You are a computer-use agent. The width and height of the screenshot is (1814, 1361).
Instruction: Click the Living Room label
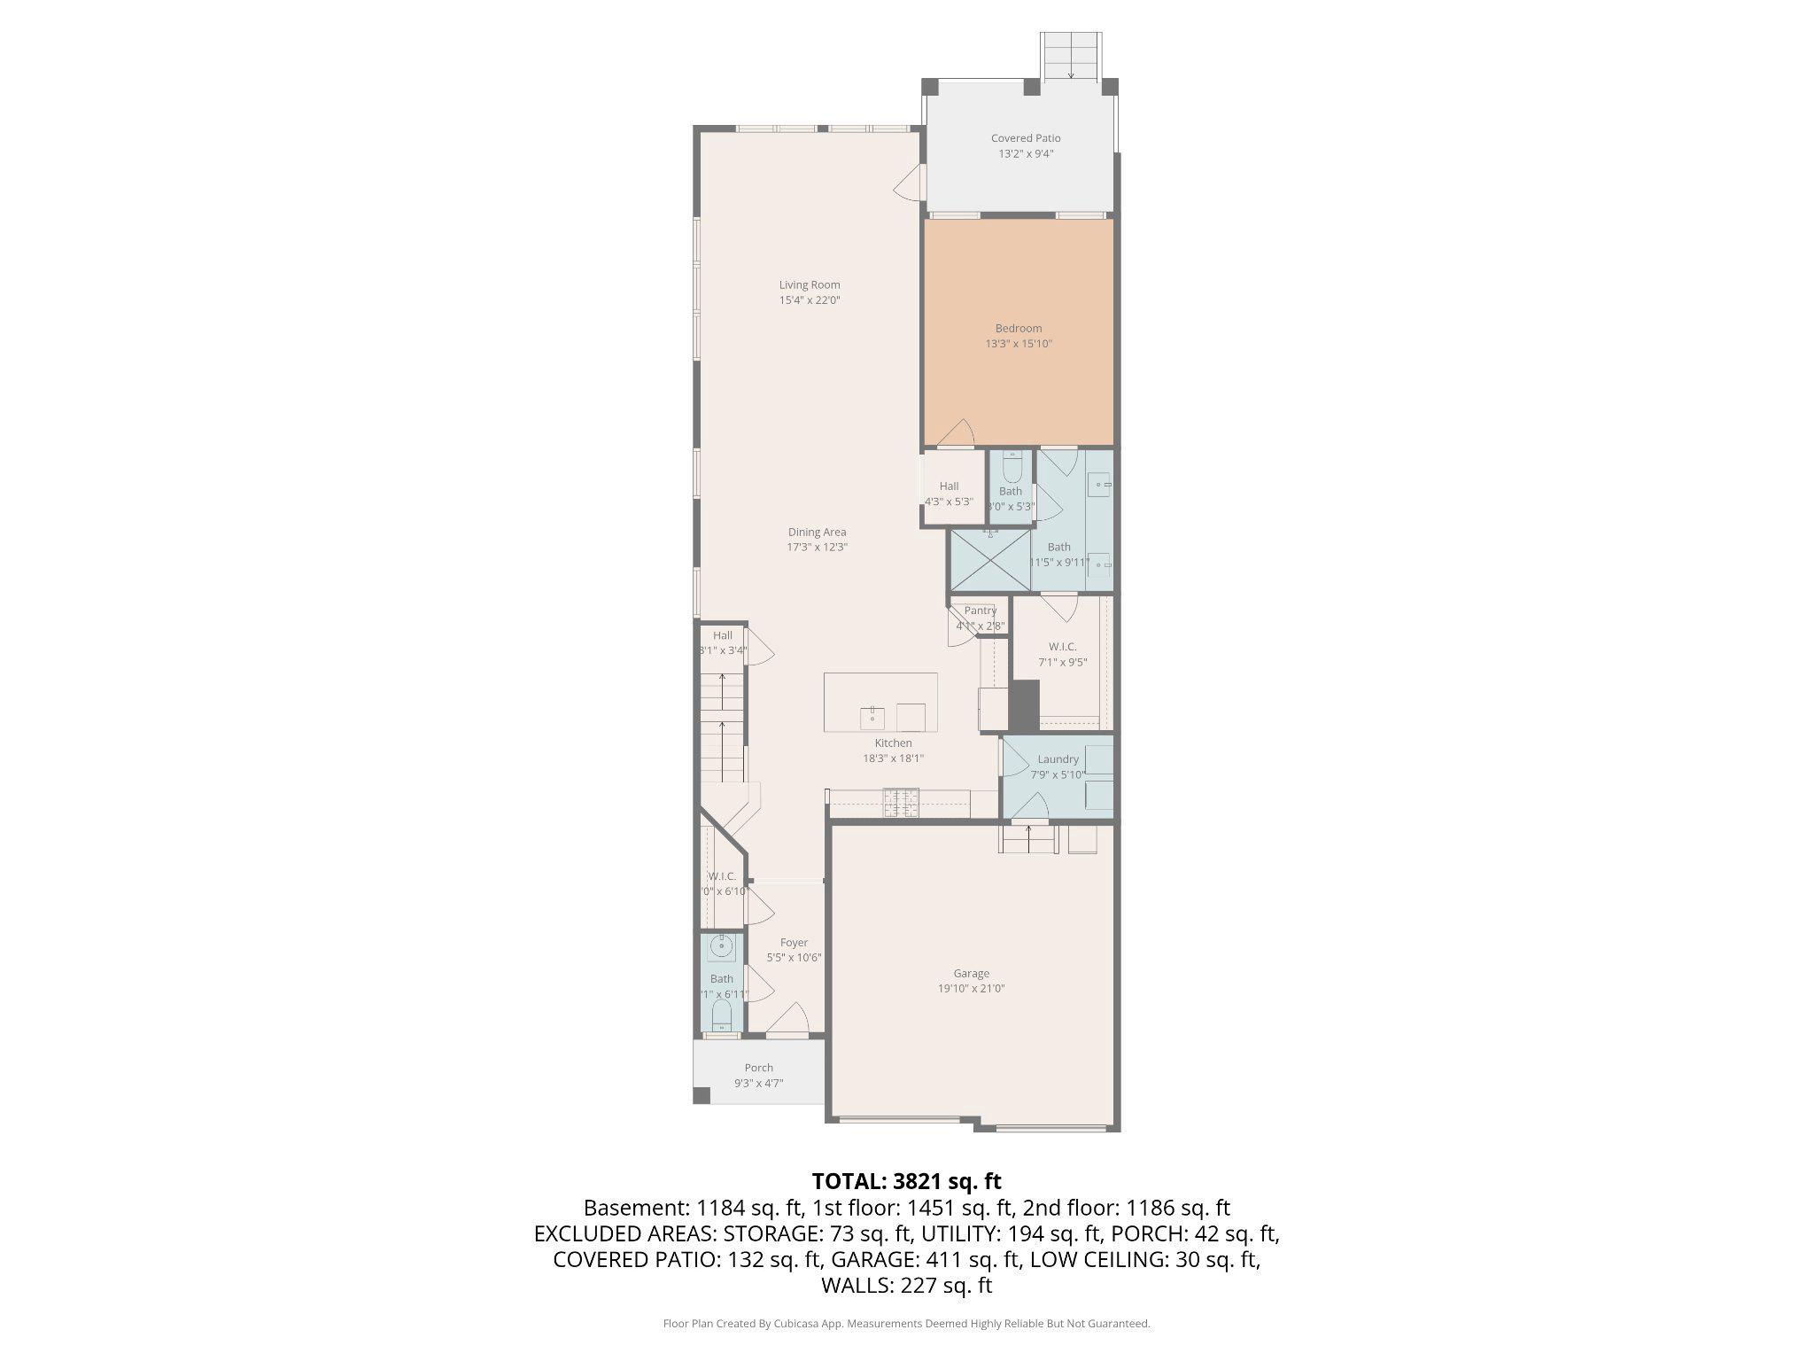(x=810, y=284)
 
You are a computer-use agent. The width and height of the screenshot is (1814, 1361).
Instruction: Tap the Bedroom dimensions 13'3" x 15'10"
(x=1019, y=344)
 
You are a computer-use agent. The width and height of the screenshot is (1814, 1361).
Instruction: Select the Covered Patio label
(x=1026, y=138)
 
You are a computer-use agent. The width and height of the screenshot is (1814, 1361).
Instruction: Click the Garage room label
(x=972, y=973)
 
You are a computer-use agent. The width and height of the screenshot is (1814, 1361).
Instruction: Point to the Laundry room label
(x=1058, y=759)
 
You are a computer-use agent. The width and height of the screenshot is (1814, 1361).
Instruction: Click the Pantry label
(x=981, y=611)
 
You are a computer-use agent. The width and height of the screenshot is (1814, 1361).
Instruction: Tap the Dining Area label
(x=817, y=533)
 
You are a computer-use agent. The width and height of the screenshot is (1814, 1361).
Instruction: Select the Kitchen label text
(x=893, y=743)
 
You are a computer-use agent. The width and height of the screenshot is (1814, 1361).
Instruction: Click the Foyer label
(x=794, y=943)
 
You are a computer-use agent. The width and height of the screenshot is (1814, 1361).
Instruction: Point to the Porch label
(x=758, y=1068)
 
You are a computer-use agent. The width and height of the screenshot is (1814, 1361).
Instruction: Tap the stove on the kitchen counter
(x=901, y=803)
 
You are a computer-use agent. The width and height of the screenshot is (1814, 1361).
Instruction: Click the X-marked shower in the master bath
(x=990, y=560)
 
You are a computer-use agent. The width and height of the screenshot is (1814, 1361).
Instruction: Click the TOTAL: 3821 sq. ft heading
(x=906, y=1181)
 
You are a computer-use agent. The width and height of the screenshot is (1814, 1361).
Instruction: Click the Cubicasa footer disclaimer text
(x=906, y=1324)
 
